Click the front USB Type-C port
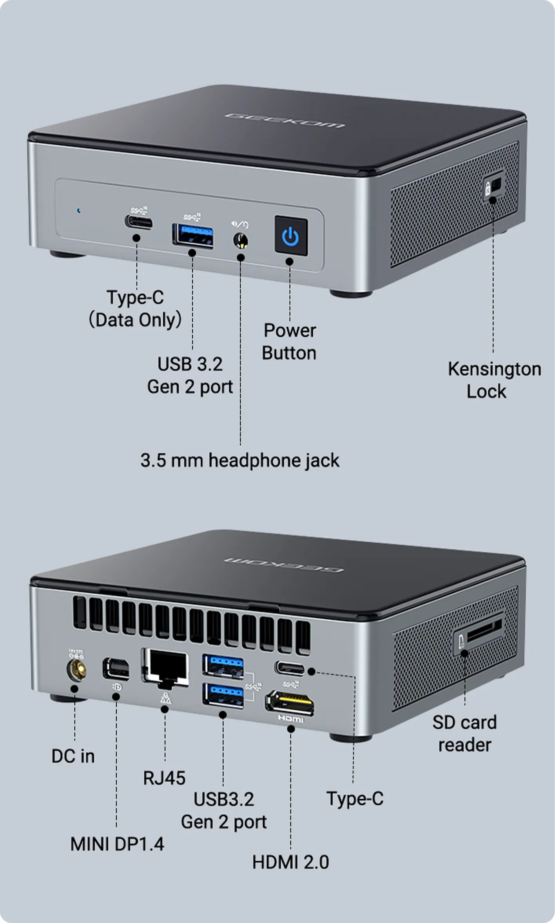(139, 222)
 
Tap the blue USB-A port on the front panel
(193, 236)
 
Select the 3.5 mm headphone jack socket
(240, 240)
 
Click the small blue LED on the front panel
(79, 211)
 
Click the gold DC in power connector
(76, 670)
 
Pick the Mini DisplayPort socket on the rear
(116, 669)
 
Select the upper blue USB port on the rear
(223, 666)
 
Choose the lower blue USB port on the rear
(223, 695)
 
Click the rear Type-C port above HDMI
(290, 668)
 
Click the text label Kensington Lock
(494, 380)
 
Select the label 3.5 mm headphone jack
(240, 460)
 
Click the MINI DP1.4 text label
(117, 844)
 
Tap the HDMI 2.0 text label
(290, 862)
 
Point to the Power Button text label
(289, 342)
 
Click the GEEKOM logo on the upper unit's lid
(285, 121)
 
